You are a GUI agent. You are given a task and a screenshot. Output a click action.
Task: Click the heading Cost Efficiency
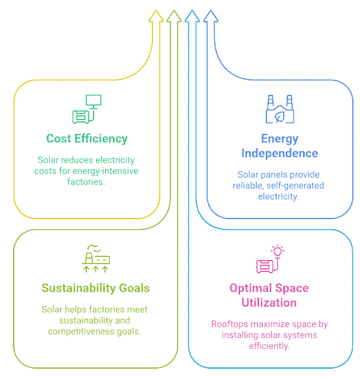coord(87,139)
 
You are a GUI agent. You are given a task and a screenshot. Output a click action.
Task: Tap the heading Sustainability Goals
coord(95,288)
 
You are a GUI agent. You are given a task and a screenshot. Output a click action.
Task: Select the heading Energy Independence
coord(280,146)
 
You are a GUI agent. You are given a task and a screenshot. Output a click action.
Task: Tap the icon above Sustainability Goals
coord(95,256)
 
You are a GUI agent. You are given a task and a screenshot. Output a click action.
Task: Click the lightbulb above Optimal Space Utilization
coord(277,250)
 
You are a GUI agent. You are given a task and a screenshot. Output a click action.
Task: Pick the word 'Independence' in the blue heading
coord(280,153)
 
